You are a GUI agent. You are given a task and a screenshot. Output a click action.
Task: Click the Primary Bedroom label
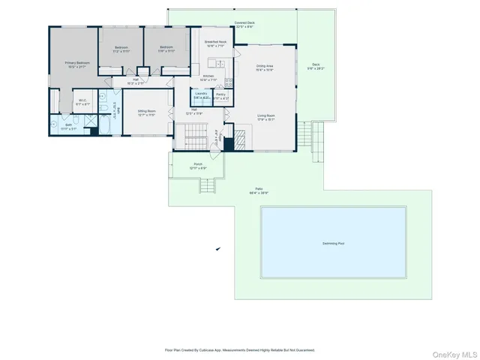pos(77,63)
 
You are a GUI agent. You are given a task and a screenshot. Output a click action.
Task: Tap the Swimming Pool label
pos(334,243)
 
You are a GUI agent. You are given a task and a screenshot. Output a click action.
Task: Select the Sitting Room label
pos(146,110)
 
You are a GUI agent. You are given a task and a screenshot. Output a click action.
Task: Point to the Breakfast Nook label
pos(215,42)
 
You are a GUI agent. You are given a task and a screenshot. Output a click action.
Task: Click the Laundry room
pos(201,95)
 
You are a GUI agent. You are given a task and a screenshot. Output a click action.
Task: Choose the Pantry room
pos(220,95)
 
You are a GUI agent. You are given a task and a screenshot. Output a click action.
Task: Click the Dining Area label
pos(264,66)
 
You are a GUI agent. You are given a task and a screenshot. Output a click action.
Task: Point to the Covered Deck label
pos(244,23)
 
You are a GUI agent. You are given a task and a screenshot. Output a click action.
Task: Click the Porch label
pos(198,164)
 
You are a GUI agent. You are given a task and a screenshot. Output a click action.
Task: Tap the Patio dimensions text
pos(259,193)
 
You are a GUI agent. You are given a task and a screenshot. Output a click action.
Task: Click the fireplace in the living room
pos(241,139)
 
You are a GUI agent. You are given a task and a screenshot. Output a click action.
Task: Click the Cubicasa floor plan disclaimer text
pos(240,349)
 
